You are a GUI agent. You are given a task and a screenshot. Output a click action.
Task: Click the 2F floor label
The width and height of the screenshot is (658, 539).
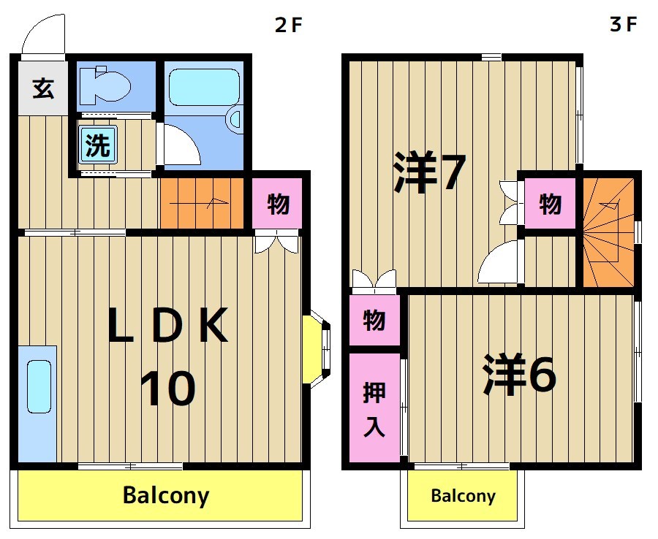point(288,25)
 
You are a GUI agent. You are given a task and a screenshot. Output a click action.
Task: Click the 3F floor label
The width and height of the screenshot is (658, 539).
point(624,25)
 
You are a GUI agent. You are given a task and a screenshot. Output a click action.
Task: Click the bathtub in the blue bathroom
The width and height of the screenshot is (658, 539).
point(204,88)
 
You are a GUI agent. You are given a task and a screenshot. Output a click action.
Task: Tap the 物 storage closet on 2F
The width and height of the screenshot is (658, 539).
point(277,204)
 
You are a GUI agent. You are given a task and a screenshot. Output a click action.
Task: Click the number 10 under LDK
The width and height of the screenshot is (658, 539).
point(167,389)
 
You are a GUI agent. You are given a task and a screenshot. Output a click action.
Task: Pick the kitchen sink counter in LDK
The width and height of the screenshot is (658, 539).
point(37,402)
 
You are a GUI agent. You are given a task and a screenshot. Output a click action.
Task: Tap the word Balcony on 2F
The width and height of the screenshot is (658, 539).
point(166,496)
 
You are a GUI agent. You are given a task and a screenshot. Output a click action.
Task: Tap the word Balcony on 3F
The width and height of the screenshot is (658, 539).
point(463,497)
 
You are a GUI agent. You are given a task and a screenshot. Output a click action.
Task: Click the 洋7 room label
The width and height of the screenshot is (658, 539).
point(429,173)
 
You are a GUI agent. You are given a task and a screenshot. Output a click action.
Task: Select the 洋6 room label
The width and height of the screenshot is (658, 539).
point(520,375)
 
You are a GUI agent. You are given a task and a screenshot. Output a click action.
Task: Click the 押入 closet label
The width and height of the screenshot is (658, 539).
point(374,408)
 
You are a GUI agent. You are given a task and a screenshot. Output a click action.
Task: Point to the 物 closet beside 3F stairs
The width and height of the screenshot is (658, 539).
point(551,204)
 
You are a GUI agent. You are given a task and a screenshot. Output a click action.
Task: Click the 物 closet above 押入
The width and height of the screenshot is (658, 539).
point(374,319)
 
